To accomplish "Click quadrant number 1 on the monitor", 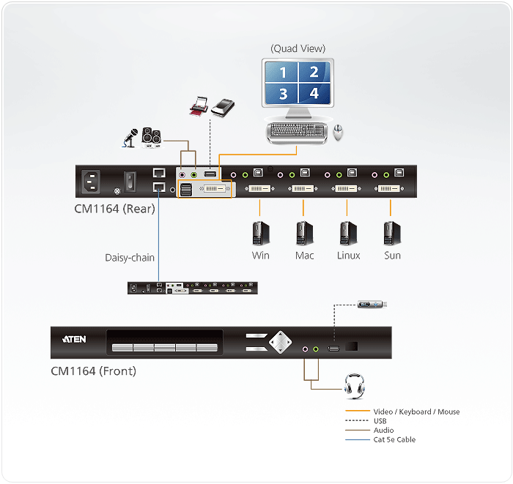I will tap(282, 72).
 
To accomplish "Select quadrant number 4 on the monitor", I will tap(314, 93).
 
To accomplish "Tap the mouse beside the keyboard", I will tap(338, 132).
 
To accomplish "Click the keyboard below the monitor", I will tap(297, 132).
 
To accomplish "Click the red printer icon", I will tap(199, 108).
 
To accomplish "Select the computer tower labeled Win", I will tap(260, 233).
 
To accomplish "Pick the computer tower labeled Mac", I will tap(304, 233).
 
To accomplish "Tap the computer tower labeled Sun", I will tap(392, 233).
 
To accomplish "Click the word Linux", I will tap(349, 256).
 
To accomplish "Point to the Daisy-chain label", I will tap(130, 257).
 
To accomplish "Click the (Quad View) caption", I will tap(298, 48).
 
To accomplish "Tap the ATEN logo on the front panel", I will tap(75, 340).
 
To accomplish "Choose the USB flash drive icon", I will tap(372, 304).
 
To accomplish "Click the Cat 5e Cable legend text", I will tap(394, 439).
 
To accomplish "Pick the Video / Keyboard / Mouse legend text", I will tap(416, 412).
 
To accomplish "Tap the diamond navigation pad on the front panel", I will tap(278, 342).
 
